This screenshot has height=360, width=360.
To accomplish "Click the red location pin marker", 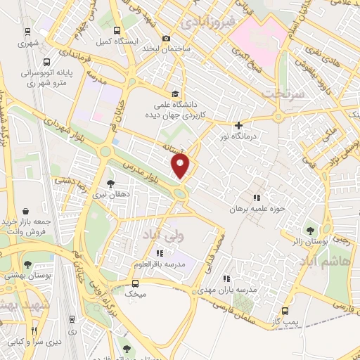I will coord(181,166).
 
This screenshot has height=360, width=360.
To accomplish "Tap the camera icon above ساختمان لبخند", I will coord(166,38).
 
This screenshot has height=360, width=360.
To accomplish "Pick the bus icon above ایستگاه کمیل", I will coord(117,31).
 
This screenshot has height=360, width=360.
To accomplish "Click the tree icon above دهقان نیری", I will coord(111,184).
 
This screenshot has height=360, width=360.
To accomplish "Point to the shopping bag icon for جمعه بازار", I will coord(26,211).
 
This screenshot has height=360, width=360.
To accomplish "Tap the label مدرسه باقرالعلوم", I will coord(160,264).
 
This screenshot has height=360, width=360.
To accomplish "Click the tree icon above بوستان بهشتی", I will coord(27,265).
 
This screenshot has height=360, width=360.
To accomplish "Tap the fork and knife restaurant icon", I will coord(32,330).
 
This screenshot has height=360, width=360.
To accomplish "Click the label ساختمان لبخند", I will coord(166,49).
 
